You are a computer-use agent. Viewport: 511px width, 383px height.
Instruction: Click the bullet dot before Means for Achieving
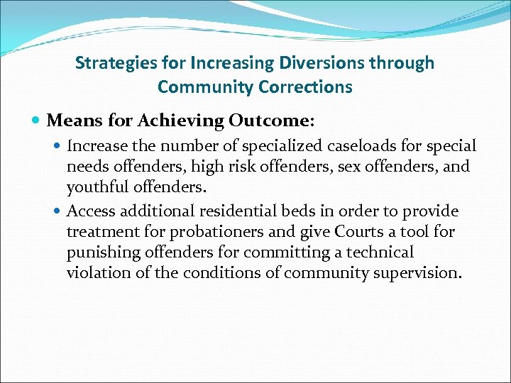coord(37,121)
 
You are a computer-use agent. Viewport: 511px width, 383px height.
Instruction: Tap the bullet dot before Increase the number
coord(58,146)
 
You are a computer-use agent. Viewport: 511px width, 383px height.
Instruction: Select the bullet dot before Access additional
coord(58,211)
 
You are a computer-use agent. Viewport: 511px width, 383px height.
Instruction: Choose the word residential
coord(247,211)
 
